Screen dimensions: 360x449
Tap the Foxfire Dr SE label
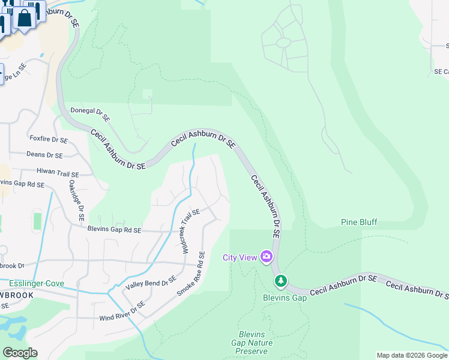(x=49, y=139)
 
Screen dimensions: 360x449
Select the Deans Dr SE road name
(x=46, y=155)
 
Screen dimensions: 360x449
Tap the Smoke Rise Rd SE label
(x=191, y=274)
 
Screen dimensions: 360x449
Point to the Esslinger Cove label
(x=37, y=283)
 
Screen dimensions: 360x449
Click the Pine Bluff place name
(x=359, y=222)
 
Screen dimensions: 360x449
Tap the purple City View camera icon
(x=266, y=257)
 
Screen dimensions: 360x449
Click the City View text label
(x=239, y=257)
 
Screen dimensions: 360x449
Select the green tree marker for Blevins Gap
(x=280, y=281)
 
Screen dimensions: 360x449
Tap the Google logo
(x=20, y=353)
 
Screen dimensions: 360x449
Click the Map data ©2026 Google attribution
(x=412, y=355)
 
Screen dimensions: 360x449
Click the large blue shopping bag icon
(x=25, y=18)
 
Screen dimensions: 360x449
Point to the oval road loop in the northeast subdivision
(x=283, y=43)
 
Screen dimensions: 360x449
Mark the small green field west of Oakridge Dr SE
(x=37, y=220)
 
